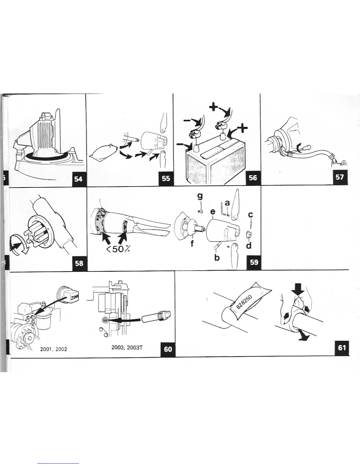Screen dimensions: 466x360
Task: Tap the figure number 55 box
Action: (x=166, y=178)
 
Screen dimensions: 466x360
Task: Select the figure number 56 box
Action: (x=253, y=177)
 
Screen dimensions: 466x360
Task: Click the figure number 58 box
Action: (x=79, y=263)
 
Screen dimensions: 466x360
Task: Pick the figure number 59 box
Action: (x=254, y=262)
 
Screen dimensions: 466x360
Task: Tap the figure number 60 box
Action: (x=168, y=349)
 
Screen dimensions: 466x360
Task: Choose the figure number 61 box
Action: (x=342, y=348)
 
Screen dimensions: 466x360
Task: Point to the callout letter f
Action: (x=192, y=244)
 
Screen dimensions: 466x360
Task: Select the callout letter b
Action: (x=217, y=258)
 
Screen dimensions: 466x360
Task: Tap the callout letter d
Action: (x=249, y=245)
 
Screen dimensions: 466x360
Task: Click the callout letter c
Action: (x=250, y=215)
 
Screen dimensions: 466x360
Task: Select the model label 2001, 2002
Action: (x=54, y=349)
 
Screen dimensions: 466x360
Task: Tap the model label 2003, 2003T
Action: (x=127, y=347)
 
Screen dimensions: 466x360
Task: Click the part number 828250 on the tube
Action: (x=244, y=300)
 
